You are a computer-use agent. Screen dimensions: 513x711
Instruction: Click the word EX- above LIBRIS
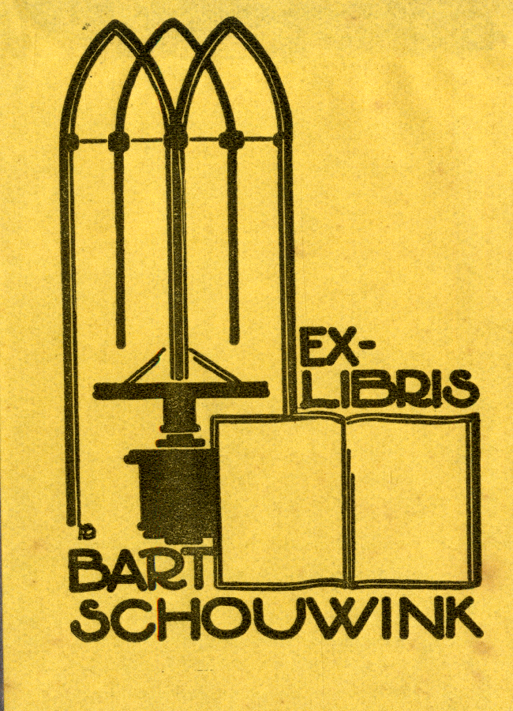335,352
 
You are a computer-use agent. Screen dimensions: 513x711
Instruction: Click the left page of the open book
281,498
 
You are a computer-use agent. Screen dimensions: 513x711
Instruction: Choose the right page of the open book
410,498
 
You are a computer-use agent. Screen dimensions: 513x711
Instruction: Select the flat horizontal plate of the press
180,389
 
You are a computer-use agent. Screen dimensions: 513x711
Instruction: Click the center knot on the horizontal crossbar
175,140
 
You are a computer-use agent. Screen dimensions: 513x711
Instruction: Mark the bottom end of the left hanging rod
121,344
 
